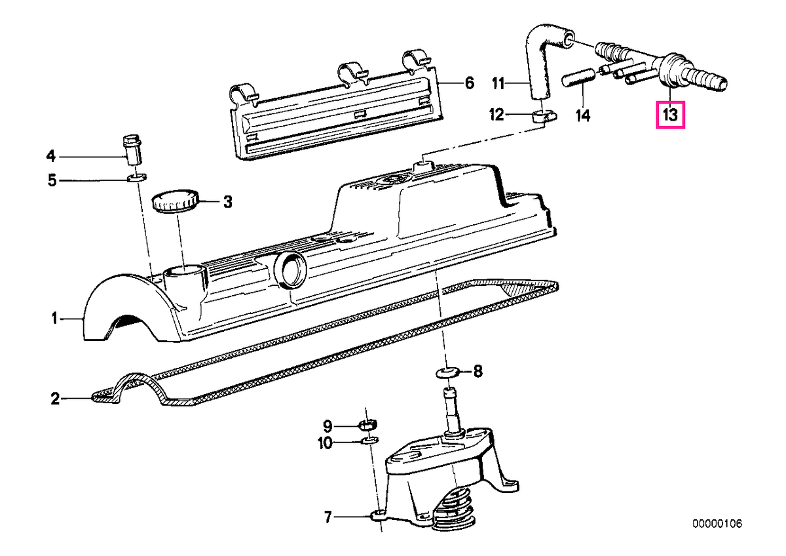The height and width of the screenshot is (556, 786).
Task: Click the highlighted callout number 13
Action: [x=670, y=115]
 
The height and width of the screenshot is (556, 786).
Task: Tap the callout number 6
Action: [x=469, y=83]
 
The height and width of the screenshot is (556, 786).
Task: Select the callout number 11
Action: [x=498, y=83]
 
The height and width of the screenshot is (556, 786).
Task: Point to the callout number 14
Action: [x=583, y=115]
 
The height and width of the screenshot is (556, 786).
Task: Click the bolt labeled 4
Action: [x=132, y=149]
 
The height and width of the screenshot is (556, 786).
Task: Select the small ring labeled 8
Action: [x=446, y=372]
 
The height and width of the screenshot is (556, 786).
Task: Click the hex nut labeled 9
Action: [x=367, y=426]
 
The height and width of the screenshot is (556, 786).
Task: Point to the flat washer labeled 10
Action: [x=369, y=440]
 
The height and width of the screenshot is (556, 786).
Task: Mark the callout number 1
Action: [x=54, y=319]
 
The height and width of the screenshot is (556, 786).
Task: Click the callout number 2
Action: [x=55, y=399]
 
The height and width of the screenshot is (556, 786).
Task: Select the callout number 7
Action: [x=327, y=517]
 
